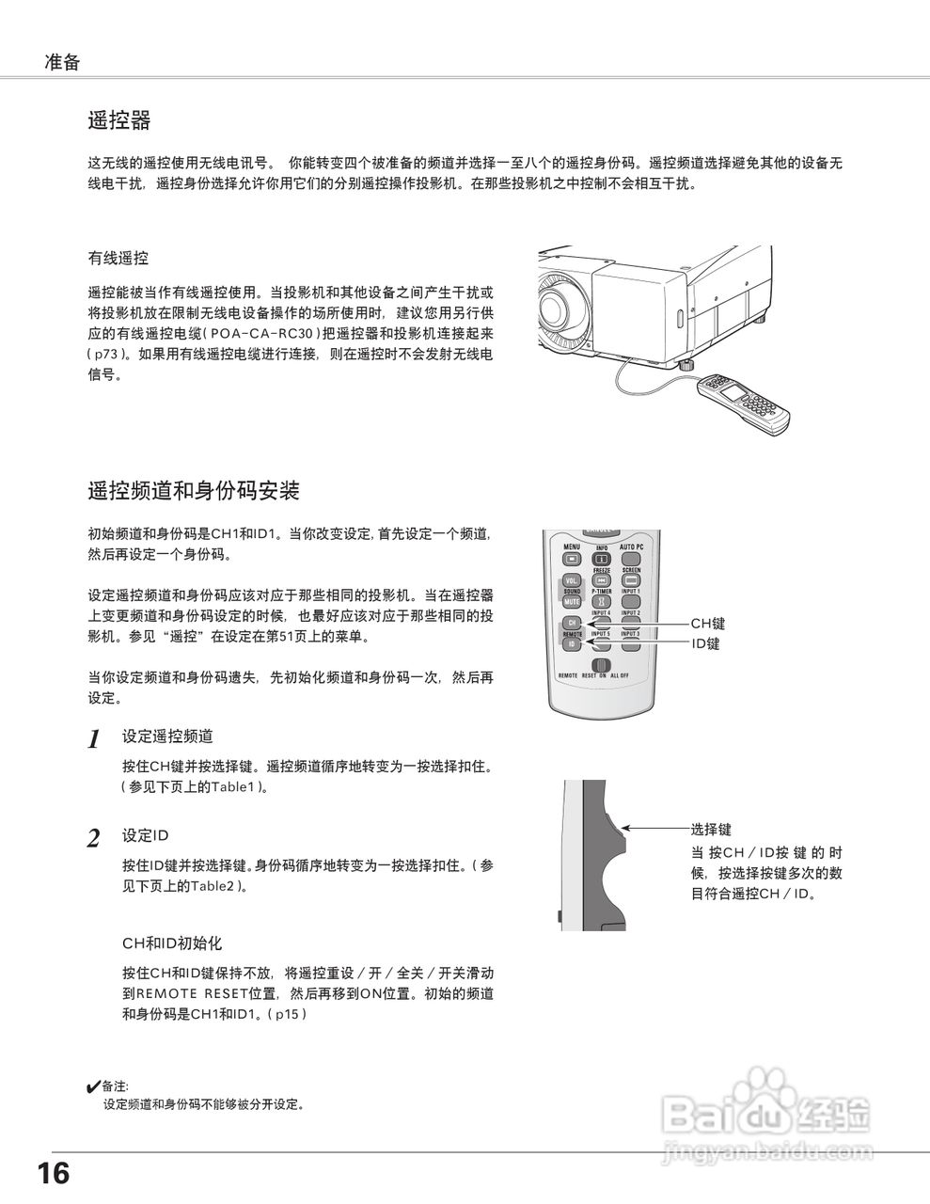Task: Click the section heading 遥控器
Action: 119,120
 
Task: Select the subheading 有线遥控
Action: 118,258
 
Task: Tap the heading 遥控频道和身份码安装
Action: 194,490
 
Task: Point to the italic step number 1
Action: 94,739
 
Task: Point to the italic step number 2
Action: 94,839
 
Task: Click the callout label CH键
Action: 708,624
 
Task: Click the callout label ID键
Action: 705,644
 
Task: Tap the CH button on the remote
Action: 572,624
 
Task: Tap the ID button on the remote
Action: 572,644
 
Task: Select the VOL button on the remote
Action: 572,580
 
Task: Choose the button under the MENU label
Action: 572,560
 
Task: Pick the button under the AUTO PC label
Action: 631,560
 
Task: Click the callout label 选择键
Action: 711,830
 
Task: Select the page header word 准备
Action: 62,63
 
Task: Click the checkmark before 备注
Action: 93,1087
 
